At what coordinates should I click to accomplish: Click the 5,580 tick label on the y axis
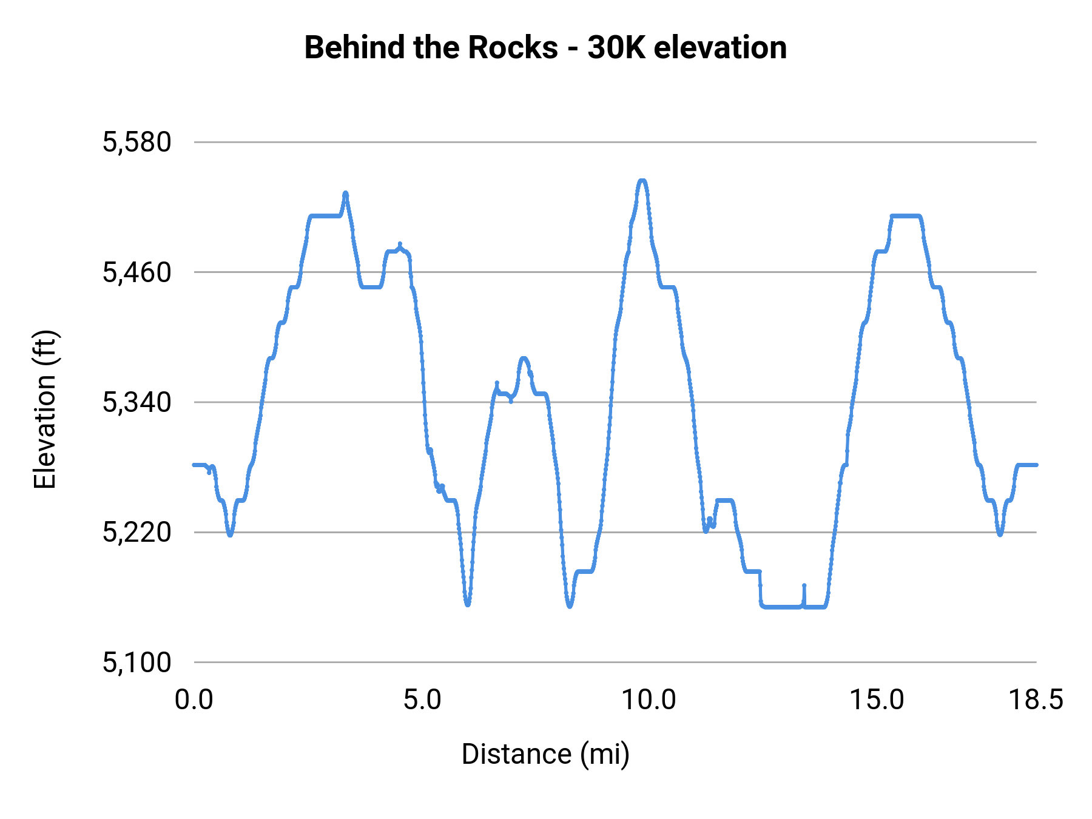[137, 143]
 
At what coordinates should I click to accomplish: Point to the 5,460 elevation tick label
[137, 272]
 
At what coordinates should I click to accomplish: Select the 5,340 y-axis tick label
[137, 402]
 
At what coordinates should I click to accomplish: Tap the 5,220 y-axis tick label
[137, 533]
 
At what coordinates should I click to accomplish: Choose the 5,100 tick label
[137, 662]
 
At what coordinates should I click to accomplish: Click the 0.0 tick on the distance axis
[194, 700]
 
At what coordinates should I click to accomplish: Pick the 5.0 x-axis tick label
[422, 700]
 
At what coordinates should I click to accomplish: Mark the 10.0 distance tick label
[649, 700]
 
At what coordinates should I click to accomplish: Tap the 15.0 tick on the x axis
[877, 700]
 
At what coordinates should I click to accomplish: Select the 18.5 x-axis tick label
[1036, 700]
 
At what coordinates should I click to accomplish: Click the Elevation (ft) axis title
[45, 409]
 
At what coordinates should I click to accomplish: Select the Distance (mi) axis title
[545, 754]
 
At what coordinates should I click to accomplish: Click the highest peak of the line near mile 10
[642, 181]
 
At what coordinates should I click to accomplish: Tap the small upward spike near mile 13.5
[804, 586]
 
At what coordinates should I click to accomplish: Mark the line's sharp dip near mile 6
[468, 604]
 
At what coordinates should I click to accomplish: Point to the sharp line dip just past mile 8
[570, 606]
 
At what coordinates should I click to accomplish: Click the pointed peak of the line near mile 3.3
[346, 193]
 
